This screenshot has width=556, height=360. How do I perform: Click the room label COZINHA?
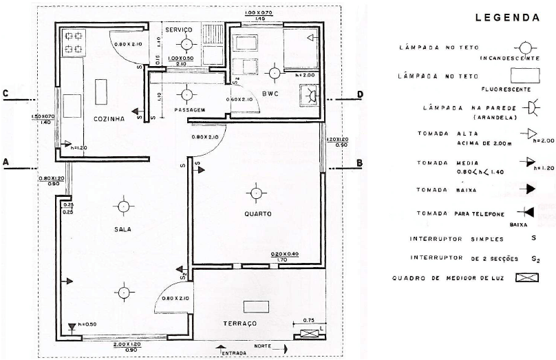pos(109,118)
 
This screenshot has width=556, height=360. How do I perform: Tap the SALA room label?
pos(124,229)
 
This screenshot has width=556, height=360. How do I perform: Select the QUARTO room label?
pos(257,213)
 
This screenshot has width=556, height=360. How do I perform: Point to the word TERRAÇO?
pos(240,323)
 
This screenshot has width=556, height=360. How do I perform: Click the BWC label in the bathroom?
pos(270,94)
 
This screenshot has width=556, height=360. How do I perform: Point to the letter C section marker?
pos(6,94)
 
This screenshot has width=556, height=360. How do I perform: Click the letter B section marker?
pos(359,163)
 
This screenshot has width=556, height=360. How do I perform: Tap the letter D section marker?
pos(359,94)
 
